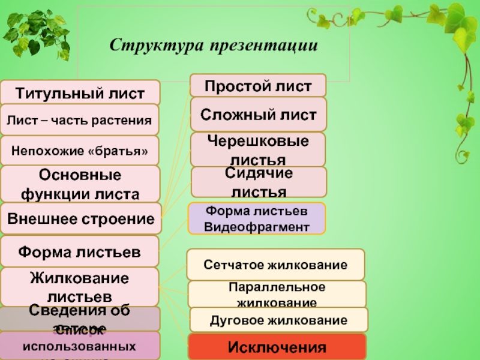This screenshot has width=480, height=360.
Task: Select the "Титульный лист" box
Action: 80,93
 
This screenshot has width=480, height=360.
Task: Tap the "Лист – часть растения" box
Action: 80,120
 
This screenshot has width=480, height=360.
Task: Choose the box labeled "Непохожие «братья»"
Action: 80,151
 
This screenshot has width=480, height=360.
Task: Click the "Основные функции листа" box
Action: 80,184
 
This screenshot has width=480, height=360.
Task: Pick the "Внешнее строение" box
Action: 81,218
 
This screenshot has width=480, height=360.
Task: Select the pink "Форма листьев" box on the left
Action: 80,251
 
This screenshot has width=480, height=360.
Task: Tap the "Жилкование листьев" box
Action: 80,287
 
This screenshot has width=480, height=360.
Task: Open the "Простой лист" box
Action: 258,85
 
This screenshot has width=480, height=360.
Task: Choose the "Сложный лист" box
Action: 258,114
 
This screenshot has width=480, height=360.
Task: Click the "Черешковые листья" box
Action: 258,149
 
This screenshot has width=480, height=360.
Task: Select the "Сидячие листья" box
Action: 259,182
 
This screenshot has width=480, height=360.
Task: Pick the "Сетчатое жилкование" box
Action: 275,265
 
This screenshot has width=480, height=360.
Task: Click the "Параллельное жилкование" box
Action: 277,294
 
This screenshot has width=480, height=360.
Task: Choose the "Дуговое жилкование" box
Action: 278,319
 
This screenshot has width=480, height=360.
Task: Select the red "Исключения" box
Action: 277,347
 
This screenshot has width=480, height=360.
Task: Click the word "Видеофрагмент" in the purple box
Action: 257,226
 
